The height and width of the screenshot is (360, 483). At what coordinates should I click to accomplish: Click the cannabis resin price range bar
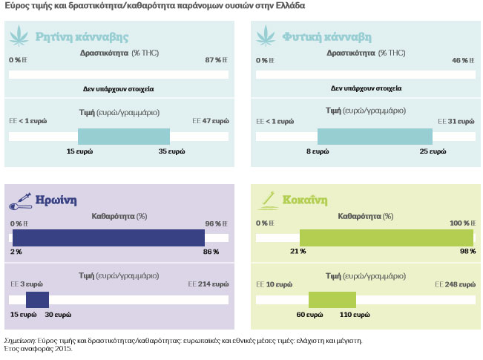[x=124, y=137]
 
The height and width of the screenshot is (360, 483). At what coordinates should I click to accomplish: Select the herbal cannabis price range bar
[x=375, y=137]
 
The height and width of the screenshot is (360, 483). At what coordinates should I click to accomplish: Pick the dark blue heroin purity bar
[x=108, y=238]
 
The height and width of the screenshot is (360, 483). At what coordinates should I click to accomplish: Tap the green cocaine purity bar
[x=387, y=238]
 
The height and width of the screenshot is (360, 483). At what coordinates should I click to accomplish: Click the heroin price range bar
[x=37, y=299]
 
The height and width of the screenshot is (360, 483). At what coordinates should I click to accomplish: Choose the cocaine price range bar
[x=332, y=299]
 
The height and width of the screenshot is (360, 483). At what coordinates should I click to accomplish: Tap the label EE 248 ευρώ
[x=455, y=284]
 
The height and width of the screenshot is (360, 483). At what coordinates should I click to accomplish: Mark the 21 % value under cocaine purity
[x=298, y=252]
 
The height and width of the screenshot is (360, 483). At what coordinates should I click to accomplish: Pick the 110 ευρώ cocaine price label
[x=355, y=315]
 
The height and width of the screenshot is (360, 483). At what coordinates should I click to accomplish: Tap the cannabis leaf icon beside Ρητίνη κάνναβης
[x=19, y=37]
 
